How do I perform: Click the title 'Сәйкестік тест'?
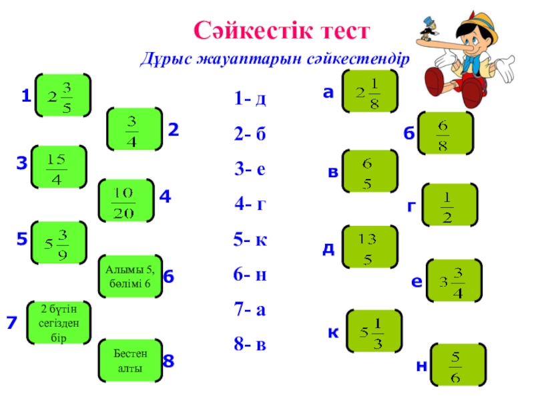pos(281,30)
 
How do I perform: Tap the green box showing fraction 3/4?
pos(134,129)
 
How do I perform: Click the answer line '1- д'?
pos(250,100)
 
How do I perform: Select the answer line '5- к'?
pos(250,239)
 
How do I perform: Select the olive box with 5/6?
pos(457,365)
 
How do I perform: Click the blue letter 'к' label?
pos(331,332)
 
